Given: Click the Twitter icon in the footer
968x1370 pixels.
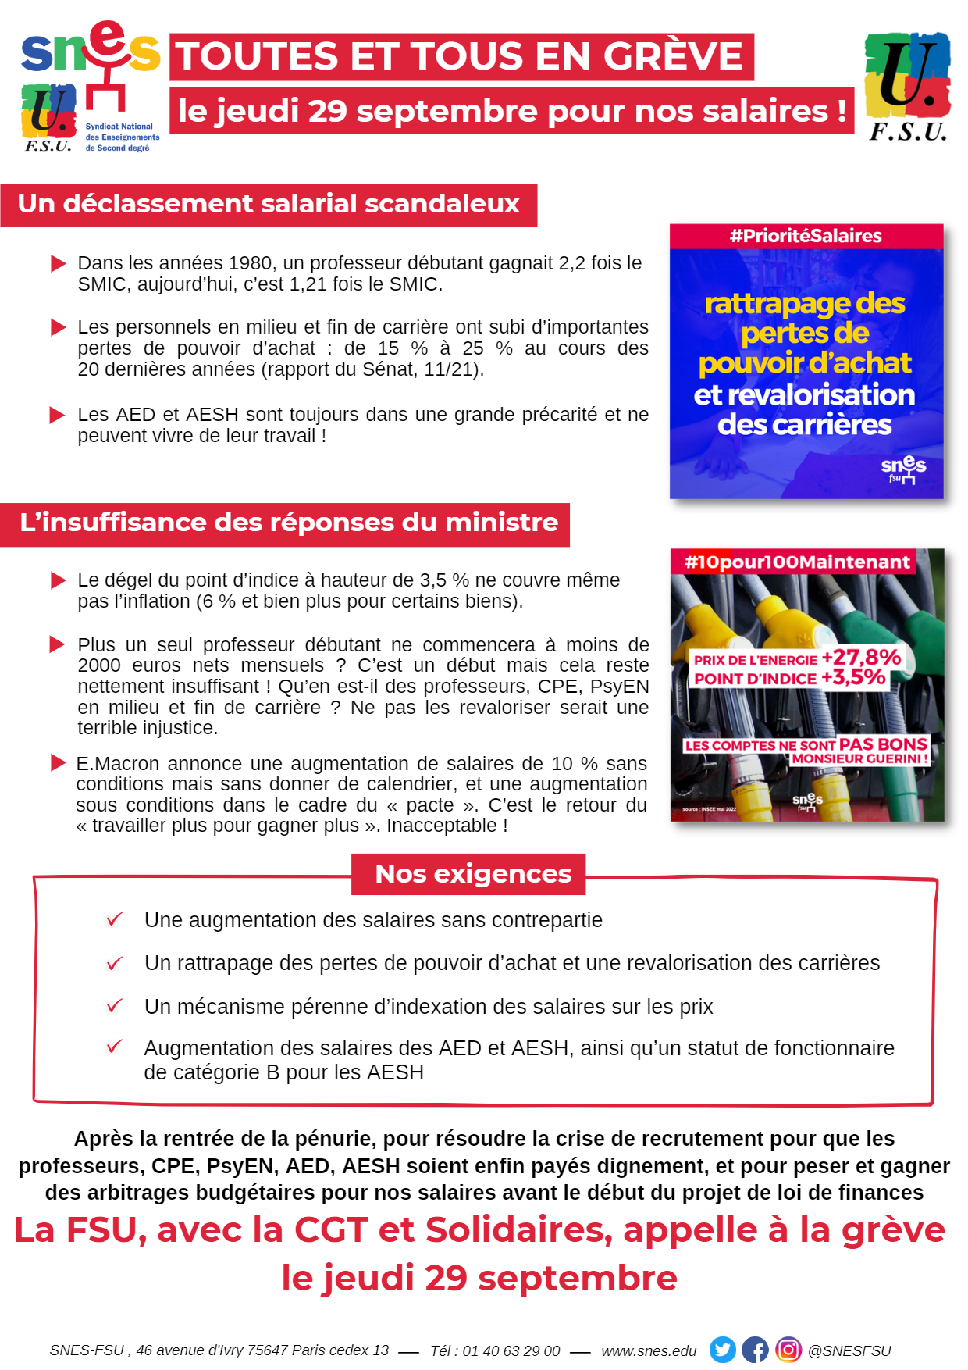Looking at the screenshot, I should click(x=722, y=1350).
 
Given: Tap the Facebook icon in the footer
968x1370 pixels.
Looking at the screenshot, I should click(x=755, y=1350).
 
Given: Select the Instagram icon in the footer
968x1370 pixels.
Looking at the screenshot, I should click(x=788, y=1350).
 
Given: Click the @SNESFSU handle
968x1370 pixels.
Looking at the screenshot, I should click(x=849, y=1350).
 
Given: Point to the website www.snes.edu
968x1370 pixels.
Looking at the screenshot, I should click(x=649, y=1350).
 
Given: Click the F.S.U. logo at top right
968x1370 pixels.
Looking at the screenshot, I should click(x=908, y=86).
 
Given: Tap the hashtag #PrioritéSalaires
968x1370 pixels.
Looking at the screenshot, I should click(x=806, y=236).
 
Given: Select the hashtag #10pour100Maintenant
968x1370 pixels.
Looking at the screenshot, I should click(x=796, y=562).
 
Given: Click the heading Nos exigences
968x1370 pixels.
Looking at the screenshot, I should click(x=473, y=874).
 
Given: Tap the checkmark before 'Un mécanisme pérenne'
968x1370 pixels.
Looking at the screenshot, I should click(x=114, y=1005).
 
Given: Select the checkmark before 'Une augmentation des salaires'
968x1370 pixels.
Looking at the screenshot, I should click(x=114, y=919).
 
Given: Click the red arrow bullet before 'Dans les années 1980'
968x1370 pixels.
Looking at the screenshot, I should click(x=59, y=263).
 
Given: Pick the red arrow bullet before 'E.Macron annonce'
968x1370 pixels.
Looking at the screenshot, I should click(x=59, y=762).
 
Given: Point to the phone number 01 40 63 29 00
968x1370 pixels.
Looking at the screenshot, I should click(x=511, y=1350).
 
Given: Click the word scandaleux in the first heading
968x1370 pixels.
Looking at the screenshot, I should click(x=442, y=204).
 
